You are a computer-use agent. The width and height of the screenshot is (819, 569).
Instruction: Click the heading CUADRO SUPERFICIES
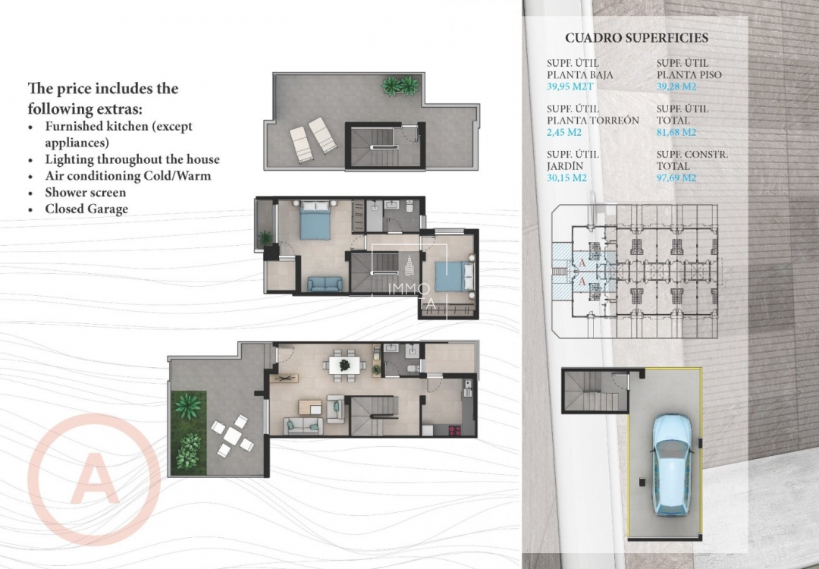tap(636, 38)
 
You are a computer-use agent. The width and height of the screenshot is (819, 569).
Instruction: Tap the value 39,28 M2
tap(676, 86)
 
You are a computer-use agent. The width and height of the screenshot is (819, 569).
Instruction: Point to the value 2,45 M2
tap(564, 132)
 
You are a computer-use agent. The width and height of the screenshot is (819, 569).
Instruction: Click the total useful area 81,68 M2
tap(676, 132)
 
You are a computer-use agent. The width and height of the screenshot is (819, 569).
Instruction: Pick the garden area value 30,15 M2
tap(567, 178)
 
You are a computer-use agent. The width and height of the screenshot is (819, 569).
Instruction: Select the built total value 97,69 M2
tap(676, 178)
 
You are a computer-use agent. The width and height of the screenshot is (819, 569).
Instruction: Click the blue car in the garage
tap(671, 464)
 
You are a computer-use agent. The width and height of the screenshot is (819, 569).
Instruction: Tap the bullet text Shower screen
tap(86, 193)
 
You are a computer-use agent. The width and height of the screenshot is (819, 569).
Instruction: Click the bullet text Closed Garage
tap(86, 209)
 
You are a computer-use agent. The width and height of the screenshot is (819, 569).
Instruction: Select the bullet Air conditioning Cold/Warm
tap(127, 176)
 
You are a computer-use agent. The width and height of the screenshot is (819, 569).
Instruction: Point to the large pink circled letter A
tap(93, 478)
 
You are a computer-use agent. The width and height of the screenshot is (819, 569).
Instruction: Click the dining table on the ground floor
tap(344, 364)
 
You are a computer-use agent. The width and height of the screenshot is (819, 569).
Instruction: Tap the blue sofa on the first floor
tap(325, 284)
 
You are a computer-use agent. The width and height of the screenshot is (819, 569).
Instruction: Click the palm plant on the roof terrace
tap(399, 86)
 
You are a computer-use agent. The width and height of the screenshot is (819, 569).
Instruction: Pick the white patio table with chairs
tap(232, 435)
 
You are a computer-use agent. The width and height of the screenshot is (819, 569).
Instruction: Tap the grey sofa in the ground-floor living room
tap(303, 426)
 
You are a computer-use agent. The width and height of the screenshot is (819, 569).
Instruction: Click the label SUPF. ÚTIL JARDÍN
tap(573, 160)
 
